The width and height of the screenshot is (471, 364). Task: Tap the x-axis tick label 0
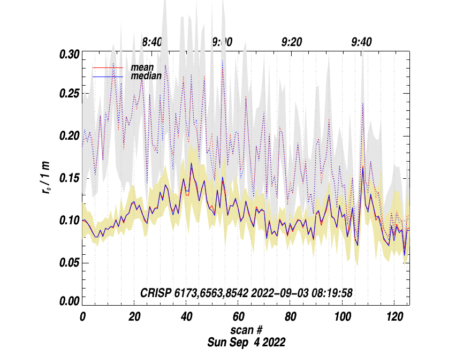point(82,316)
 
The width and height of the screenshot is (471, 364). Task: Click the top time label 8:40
point(152,42)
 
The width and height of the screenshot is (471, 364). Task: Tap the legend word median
point(146,77)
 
